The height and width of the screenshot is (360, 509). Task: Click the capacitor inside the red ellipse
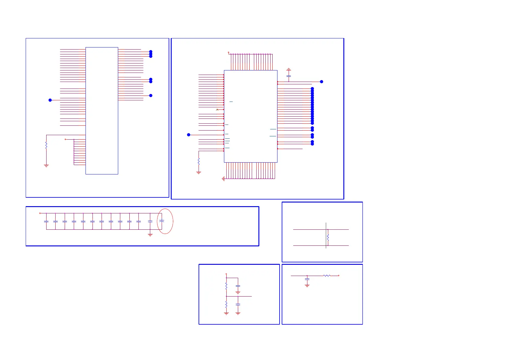162,221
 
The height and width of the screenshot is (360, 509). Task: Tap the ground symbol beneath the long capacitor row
150,235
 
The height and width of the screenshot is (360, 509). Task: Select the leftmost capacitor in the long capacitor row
46,222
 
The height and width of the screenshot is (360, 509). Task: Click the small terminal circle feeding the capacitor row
40,213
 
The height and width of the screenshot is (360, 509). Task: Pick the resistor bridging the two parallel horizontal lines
328,237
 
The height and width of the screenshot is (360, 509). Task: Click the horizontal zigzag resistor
326,276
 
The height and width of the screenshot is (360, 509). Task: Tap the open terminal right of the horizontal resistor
339,276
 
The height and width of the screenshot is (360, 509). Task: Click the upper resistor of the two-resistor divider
226,286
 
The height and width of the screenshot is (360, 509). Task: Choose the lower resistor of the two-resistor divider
226,304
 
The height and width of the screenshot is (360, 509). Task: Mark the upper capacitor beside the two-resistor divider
238,286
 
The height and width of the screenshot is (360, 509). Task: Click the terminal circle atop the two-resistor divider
226,274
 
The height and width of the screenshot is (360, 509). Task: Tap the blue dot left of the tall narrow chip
50,100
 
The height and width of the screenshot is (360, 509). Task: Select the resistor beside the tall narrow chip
46,146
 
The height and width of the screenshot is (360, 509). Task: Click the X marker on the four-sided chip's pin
217,109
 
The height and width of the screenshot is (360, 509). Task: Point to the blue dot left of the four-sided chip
189,135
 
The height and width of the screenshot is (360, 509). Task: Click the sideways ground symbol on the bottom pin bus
223,179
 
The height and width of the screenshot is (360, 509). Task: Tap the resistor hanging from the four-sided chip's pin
199,161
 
